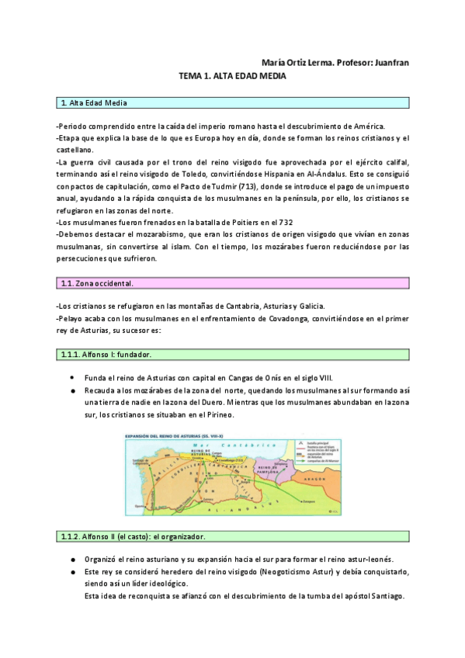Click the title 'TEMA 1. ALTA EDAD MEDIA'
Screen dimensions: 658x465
(x=232, y=77)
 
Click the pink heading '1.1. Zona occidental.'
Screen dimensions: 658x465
(x=97, y=284)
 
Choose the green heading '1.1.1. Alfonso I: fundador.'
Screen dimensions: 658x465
(x=106, y=355)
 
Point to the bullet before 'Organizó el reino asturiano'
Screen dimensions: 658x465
(x=71, y=559)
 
